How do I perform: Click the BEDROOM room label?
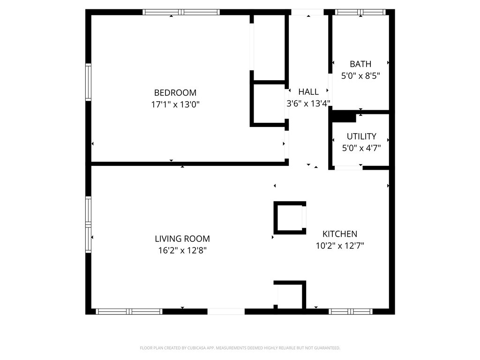[175, 93]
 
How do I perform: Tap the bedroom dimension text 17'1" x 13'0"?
[175, 105]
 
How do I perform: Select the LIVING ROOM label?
[182, 239]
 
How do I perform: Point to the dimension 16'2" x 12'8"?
[182, 250]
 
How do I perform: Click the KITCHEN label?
[340, 234]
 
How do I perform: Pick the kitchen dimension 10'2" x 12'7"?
[340, 245]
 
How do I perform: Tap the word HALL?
[308, 92]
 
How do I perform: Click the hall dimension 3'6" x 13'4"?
[308, 104]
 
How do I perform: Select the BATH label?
[360, 64]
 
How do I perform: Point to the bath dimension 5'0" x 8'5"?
[360, 75]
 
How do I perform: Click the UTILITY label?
[361, 136]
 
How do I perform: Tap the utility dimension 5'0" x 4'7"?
[361, 148]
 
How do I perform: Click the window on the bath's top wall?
[360, 12]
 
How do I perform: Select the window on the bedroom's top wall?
[181, 12]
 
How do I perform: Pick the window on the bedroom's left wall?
[88, 82]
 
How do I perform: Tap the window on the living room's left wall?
[88, 225]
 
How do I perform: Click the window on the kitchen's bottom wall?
[351, 311]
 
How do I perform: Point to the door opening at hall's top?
[308, 12]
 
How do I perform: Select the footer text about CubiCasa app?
[240, 348]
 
